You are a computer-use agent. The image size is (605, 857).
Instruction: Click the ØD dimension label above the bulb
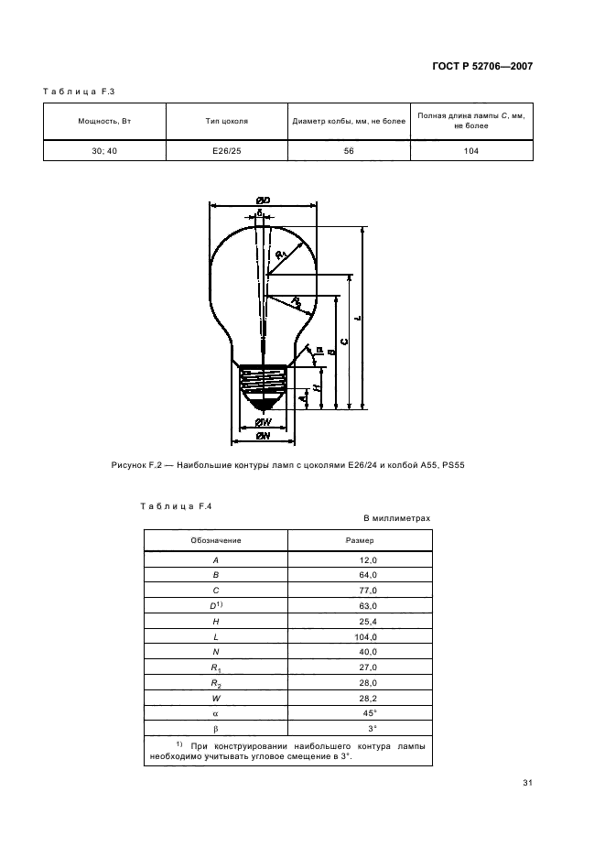(x=264, y=201)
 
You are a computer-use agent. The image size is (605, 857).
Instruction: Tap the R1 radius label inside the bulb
(x=281, y=254)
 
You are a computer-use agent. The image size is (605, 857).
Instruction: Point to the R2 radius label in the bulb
(x=296, y=302)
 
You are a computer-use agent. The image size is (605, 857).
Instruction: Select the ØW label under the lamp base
(x=264, y=422)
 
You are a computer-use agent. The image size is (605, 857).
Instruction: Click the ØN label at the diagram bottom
(x=264, y=436)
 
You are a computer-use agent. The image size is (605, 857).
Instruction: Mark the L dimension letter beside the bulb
(x=358, y=318)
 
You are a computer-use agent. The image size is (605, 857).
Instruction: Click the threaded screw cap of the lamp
(x=264, y=382)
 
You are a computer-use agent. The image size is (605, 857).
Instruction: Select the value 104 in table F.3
(x=471, y=151)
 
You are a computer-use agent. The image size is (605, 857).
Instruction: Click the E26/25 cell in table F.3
(x=227, y=151)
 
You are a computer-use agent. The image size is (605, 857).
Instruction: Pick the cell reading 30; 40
(x=104, y=151)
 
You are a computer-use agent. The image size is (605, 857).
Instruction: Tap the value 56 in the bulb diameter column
(x=349, y=151)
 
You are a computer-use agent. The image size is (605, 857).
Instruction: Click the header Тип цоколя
(x=227, y=121)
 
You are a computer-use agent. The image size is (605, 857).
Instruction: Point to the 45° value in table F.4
(x=370, y=713)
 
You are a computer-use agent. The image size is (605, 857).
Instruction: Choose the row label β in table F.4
(x=216, y=729)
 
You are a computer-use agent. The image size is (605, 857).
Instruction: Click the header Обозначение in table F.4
(x=216, y=540)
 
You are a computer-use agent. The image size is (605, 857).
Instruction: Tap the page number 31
(x=527, y=783)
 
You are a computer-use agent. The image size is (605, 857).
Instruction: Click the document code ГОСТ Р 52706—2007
(x=482, y=66)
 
